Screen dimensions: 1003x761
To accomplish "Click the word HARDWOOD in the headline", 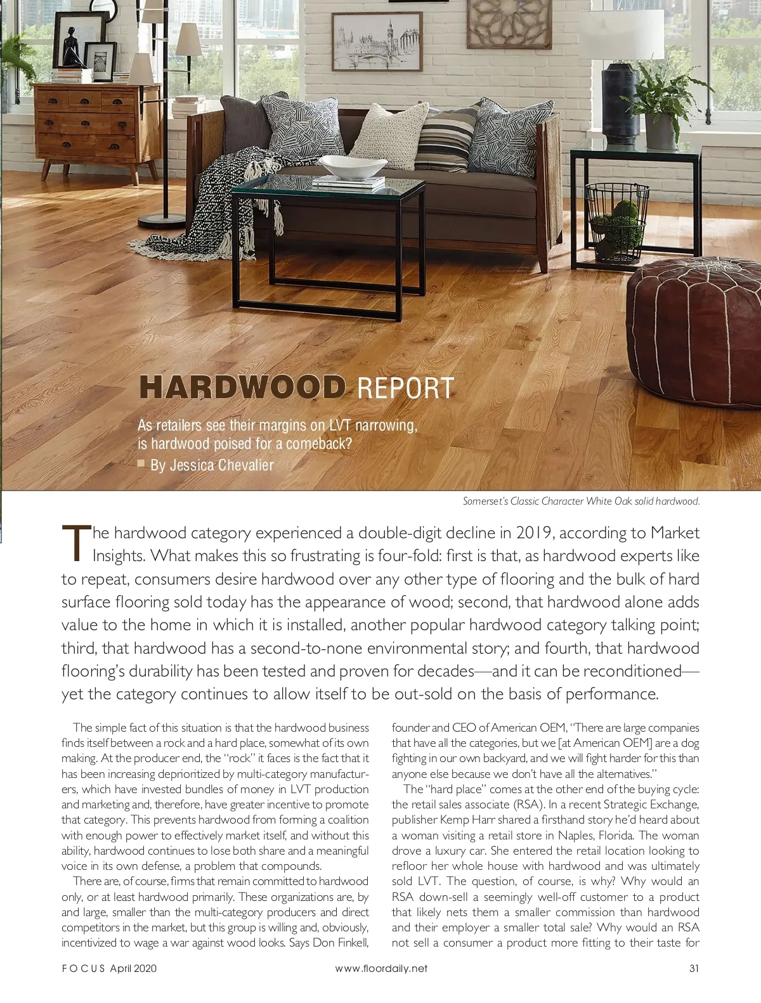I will [242, 387].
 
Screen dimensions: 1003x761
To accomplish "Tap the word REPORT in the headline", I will [406, 388].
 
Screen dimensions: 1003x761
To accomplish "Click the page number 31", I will [694, 968].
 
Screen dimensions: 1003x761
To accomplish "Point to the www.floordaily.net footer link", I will [381, 968].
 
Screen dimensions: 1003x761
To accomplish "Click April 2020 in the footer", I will [133, 968].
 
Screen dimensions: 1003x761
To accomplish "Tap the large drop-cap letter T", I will [75, 544].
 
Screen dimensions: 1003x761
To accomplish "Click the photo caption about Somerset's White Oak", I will [581, 501].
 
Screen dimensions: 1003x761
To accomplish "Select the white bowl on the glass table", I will [352, 167].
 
